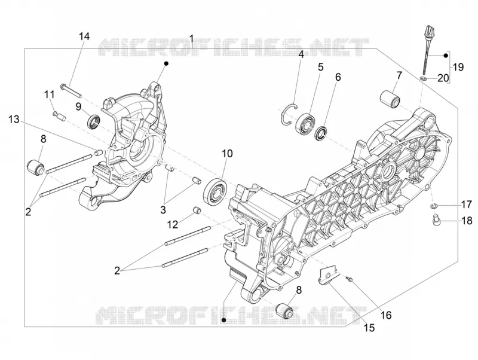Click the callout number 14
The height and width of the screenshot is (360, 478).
(x=84, y=36)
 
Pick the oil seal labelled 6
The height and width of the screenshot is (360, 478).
(x=321, y=133)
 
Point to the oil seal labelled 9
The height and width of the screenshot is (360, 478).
(x=94, y=121)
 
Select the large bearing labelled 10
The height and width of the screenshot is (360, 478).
(x=216, y=191)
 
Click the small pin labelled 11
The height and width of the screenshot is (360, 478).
(x=59, y=116)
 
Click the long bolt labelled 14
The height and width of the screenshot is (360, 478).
(x=71, y=86)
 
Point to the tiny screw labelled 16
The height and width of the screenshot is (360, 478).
(x=349, y=278)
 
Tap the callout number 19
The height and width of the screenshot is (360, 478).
(x=458, y=66)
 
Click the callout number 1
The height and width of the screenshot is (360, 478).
(x=191, y=38)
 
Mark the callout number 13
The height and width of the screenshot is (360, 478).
(x=14, y=119)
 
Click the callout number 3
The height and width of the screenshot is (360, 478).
(x=163, y=210)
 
